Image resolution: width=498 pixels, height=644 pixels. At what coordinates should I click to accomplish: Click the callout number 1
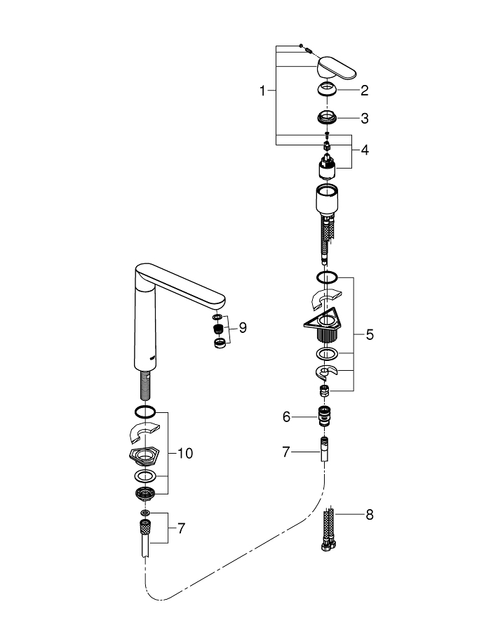point(263,91)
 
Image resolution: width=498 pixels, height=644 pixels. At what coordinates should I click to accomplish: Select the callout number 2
point(364,91)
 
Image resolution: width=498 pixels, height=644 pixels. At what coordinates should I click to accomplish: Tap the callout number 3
point(364,118)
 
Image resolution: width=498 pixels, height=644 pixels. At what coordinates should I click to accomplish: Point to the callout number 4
point(364,150)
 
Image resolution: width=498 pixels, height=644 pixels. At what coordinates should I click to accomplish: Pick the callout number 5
point(369,334)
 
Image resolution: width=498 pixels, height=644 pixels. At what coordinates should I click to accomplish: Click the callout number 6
point(286,416)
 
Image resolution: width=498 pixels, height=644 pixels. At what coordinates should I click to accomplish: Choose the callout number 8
point(369,515)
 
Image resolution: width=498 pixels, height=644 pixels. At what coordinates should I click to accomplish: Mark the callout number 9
point(243,327)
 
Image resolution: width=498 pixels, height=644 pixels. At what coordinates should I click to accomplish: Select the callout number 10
point(185,454)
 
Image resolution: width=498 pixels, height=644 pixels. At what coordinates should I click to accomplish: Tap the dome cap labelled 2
point(328,90)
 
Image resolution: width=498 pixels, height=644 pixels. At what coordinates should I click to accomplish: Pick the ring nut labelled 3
point(327,117)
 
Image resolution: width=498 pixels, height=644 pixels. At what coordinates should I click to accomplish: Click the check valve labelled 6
point(324,415)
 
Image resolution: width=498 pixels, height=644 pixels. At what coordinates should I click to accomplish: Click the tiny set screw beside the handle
point(303,49)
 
